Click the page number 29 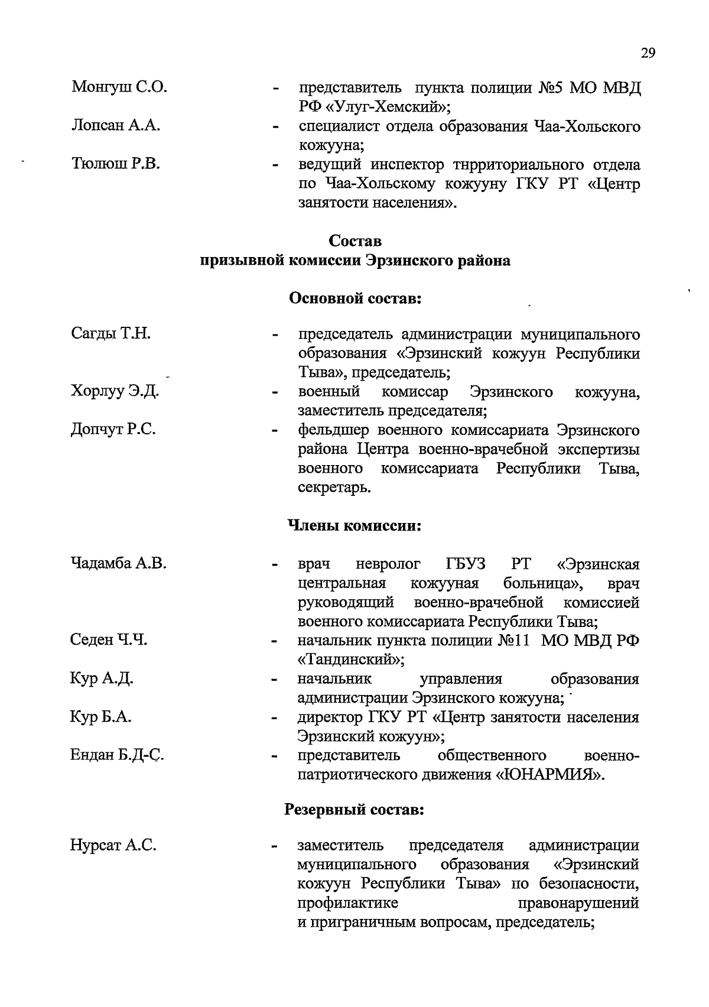[648, 53]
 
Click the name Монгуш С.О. [119, 88]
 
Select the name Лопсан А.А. [116, 126]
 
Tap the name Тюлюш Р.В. [116, 164]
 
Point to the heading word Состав [355, 241]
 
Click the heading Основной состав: [354, 298]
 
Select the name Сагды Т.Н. [111, 334]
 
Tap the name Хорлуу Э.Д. [115, 391]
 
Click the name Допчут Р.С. [113, 430]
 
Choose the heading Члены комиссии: [354, 525]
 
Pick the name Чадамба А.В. [118, 563]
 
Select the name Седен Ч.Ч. [109, 639]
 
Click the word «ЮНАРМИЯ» [549, 775]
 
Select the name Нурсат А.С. [113, 846]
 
